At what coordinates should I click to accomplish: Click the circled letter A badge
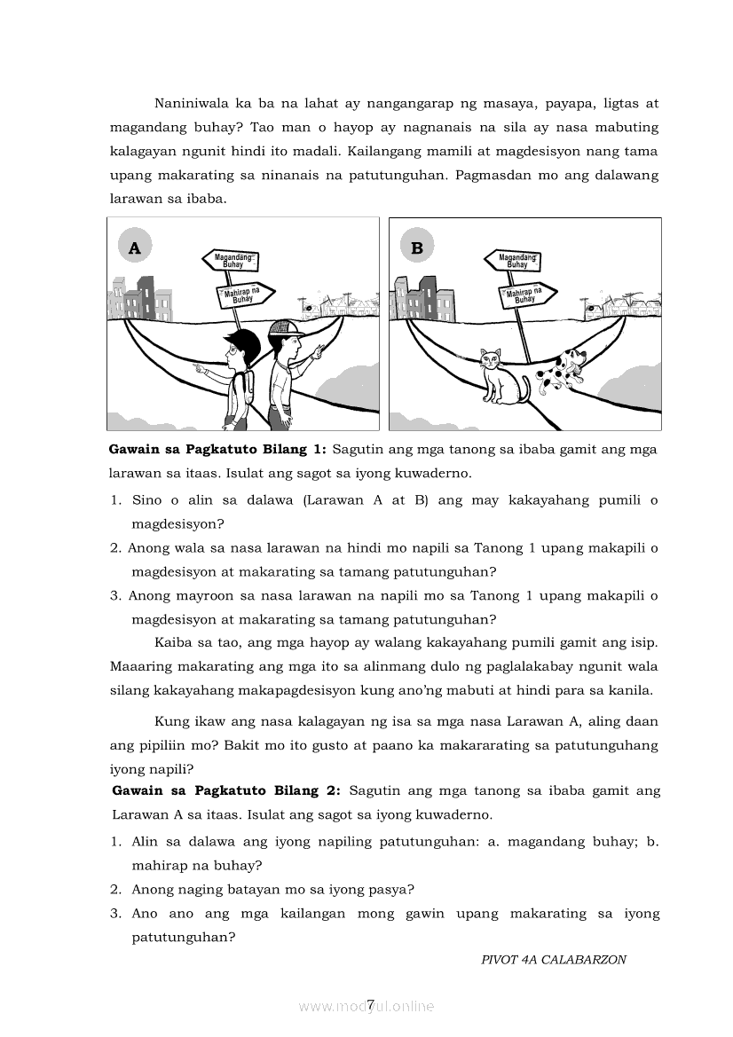pos(134,247)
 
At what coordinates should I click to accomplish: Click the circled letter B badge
pos(416,247)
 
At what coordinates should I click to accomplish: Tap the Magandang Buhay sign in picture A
pos(233,260)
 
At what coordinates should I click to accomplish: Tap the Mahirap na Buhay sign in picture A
pos(244,295)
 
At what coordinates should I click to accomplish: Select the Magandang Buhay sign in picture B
pos(515,260)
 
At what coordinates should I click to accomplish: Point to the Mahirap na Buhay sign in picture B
pos(526,295)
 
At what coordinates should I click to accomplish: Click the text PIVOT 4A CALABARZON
pos(553,960)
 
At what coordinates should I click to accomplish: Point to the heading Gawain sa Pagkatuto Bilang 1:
pos(217,450)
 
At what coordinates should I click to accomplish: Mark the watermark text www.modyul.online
pos(366,1006)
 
